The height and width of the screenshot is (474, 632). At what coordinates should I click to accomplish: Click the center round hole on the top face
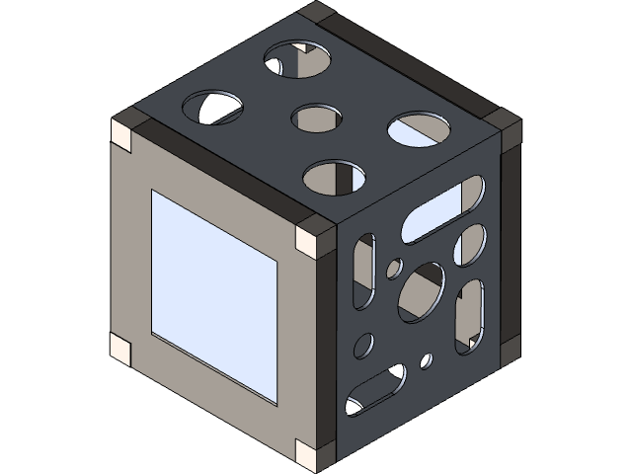[317, 118]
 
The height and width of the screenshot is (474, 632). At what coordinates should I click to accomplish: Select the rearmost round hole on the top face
[297, 61]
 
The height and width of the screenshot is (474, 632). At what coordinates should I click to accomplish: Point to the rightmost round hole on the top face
[419, 129]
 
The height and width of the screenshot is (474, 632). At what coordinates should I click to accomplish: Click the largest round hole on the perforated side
[422, 291]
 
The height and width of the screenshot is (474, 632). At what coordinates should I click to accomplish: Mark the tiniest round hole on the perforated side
[427, 359]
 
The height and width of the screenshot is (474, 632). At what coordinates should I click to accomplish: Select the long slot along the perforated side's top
[444, 208]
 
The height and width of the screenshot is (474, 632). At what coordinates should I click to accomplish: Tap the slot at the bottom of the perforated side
[375, 390]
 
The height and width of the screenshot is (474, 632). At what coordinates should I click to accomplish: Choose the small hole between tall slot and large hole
[394, 268]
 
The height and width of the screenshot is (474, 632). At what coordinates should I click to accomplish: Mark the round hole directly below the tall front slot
[364, 345]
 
